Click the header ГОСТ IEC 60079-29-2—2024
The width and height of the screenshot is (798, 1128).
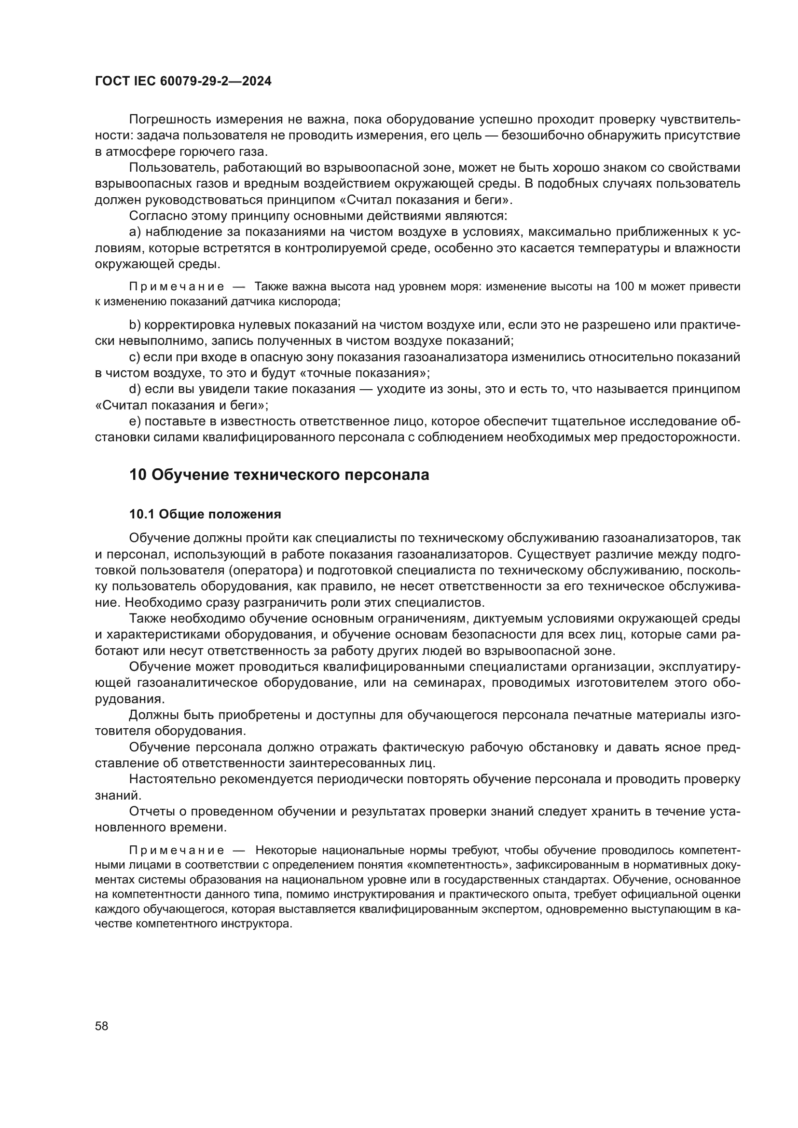coord(183,81)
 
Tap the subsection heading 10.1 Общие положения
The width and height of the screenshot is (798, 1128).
coord(205,515)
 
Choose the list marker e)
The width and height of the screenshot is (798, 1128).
coord(135,421)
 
